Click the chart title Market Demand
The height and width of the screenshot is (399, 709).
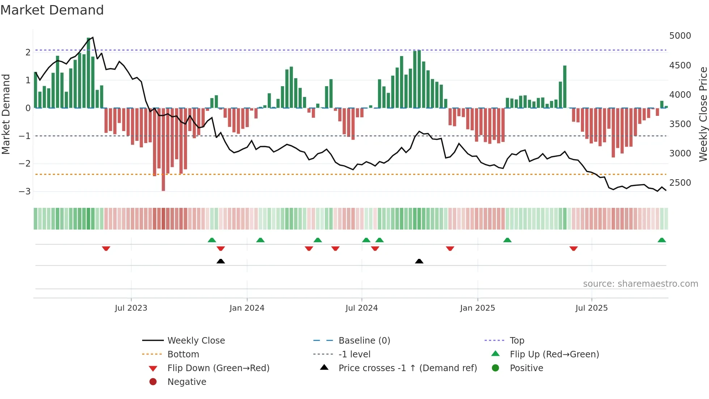(x=52, y=10)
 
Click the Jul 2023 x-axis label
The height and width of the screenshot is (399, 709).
(x=131, y=308)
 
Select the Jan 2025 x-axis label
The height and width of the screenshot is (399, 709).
(x=477, y=308)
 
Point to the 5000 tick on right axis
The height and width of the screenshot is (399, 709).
(x=680, y=36)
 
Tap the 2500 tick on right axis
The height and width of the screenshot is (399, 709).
(x=680, y=183)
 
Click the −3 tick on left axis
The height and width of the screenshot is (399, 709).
(x=25, y=191)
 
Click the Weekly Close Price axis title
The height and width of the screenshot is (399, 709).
(x=703, y=114)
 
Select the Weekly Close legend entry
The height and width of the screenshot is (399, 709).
(x=196, y=340)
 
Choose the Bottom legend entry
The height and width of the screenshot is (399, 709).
(x=183, y=354)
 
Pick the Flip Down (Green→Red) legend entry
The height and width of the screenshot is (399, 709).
(x=218, y=368)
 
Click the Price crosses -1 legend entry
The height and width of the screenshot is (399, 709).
(x=408, y=368)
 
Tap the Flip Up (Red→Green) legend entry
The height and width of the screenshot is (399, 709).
(x=554, y=354)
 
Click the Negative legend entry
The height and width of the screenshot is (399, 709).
(x=187, y=382)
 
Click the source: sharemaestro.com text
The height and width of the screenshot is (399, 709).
(x=640, y=283)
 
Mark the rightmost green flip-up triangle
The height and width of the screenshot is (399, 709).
(x=662, y=240)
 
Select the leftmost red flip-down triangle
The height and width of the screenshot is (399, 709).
(x=106, y=248)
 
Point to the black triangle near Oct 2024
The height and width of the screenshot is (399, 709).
(x=419, y=261)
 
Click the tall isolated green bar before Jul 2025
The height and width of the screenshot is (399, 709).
(x=565, y=87)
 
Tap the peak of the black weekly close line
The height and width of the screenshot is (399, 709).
(x=93, y=37)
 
